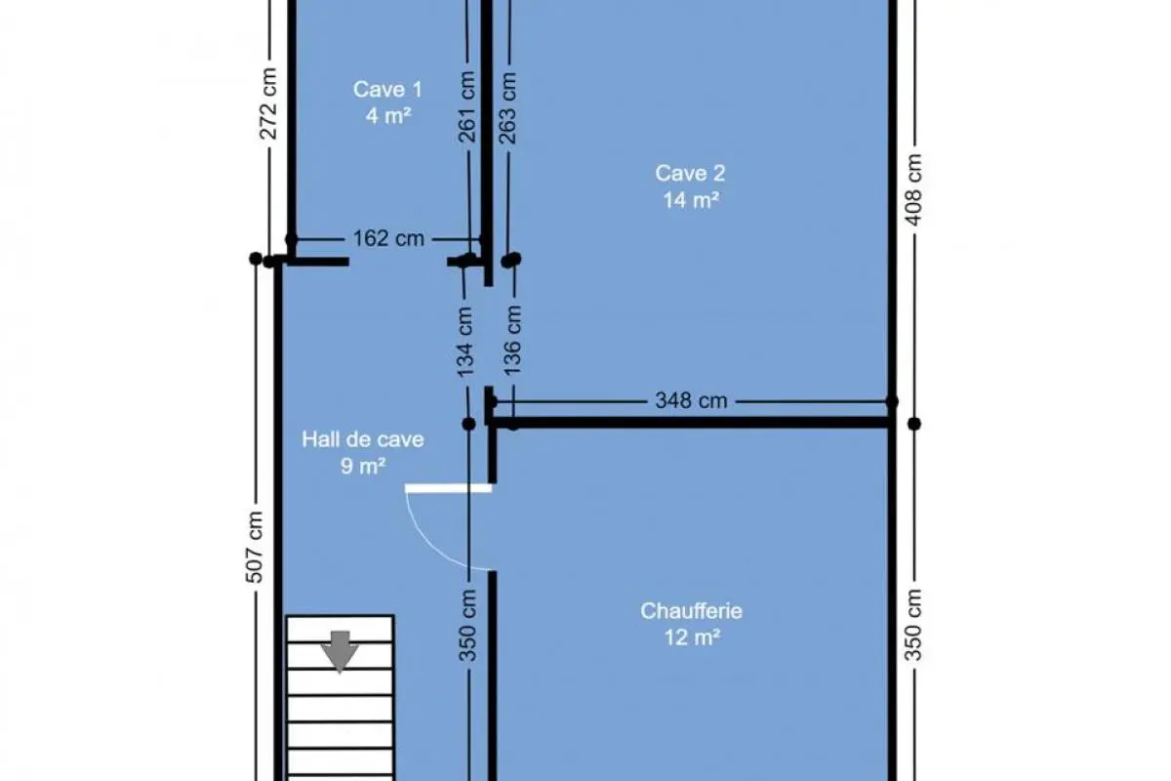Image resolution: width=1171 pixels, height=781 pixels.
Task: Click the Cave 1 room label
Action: [387, 90]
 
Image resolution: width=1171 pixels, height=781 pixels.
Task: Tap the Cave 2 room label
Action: [690, 174]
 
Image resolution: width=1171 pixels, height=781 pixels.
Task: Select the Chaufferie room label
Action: [691, 611]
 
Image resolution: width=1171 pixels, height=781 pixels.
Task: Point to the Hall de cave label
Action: [363, 439]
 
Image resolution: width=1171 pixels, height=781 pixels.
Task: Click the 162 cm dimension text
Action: [388, 238]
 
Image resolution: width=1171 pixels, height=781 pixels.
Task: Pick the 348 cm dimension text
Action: [691, 400]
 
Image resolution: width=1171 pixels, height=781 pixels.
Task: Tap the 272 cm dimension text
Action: [268, 103]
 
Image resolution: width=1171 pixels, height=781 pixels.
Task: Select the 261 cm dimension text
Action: [466, 107]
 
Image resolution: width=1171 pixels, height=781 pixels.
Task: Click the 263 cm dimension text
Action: [507, 108]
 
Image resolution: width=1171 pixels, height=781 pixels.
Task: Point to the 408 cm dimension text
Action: [913, 190]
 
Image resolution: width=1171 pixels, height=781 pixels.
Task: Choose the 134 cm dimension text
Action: [464, 342]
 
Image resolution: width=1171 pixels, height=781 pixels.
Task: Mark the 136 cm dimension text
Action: [512, 340]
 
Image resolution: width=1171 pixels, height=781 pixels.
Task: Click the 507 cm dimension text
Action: [254, 547]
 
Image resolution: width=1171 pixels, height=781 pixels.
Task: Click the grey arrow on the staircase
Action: [340, 651]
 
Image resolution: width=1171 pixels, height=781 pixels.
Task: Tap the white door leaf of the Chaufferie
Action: [449, 488]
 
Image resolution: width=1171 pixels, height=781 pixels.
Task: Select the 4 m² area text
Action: [388, 115]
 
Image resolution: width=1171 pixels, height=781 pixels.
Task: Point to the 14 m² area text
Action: [691, 200]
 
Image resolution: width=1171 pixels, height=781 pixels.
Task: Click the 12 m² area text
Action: [692, 637]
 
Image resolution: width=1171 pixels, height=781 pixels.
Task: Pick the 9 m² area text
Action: [363, 466]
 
